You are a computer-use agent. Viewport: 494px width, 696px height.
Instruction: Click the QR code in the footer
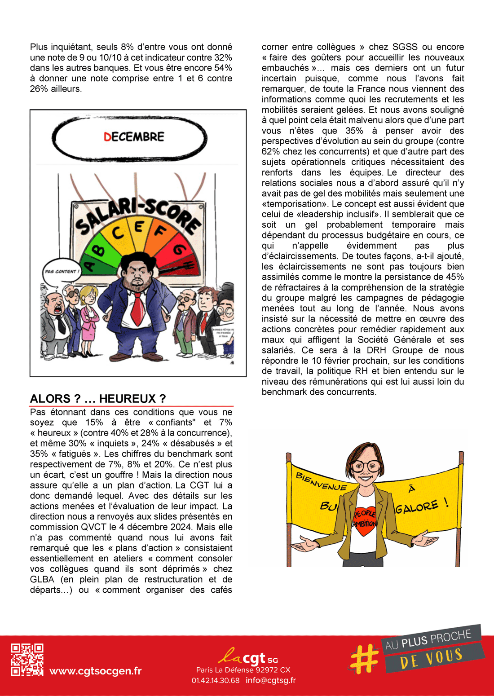(x=27, y=660)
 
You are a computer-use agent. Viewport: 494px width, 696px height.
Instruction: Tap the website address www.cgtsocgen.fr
(x=95, y=671)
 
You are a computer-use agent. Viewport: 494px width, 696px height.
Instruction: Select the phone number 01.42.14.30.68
(x=216, y=680)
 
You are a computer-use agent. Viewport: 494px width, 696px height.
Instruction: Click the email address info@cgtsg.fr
(x=270, y=680)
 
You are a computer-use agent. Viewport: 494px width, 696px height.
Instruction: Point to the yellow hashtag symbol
(x=364, y=659)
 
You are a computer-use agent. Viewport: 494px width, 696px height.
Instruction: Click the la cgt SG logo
(x=248, y=657)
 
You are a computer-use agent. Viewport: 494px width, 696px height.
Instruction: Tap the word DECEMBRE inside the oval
(x=134, y=137)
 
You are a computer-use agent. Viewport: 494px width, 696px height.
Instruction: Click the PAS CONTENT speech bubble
(x=62, y=272)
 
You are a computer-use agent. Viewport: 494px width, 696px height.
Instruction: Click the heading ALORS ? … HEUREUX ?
(x=98, y=399)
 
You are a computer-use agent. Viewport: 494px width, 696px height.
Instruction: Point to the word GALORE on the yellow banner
(x=416, y=507)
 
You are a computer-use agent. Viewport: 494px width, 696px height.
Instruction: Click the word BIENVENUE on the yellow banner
(x=321, y=482)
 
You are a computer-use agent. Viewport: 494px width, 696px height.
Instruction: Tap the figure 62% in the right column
(x=271, y=151)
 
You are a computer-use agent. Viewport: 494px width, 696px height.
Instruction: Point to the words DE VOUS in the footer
(x=431, y=658)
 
